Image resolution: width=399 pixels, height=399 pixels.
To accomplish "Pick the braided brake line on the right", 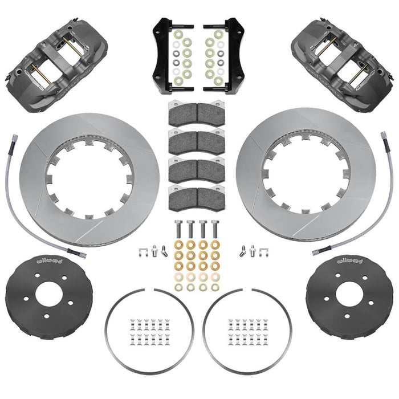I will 388,194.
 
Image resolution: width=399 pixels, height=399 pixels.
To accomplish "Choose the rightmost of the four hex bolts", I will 214,230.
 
